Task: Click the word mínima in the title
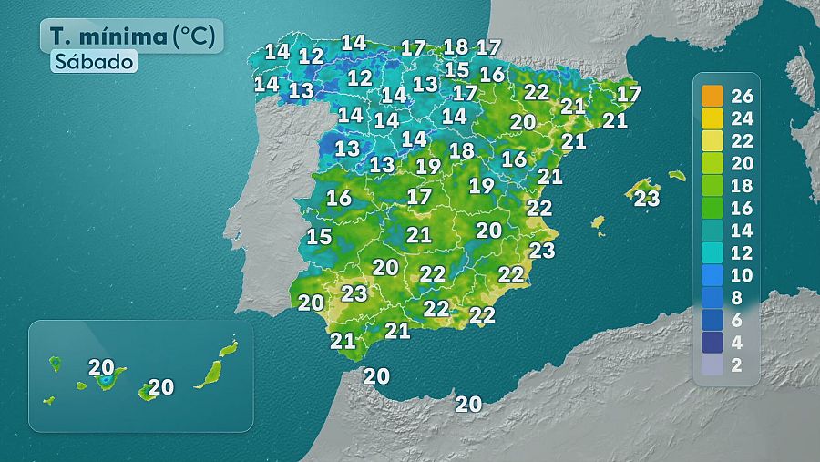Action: (x=124, y=36)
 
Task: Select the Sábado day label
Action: (x=94, y=62)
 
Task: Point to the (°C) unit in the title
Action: (x=196, y=36)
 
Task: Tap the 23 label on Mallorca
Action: (x=647, y=198)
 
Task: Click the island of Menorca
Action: (x=676, y=175)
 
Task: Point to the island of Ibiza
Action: (x=598, y=223)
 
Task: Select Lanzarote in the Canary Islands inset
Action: (x=229, y=348)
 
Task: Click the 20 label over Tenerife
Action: (x=101, y=367)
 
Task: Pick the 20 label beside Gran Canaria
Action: (x=161, y=386)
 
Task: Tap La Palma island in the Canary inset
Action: (x=55, y=364)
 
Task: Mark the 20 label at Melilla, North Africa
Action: (x=468, y=404)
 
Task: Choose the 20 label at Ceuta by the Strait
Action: (x=376, y=375)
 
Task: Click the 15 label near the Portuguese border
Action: (x=319, y=237)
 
